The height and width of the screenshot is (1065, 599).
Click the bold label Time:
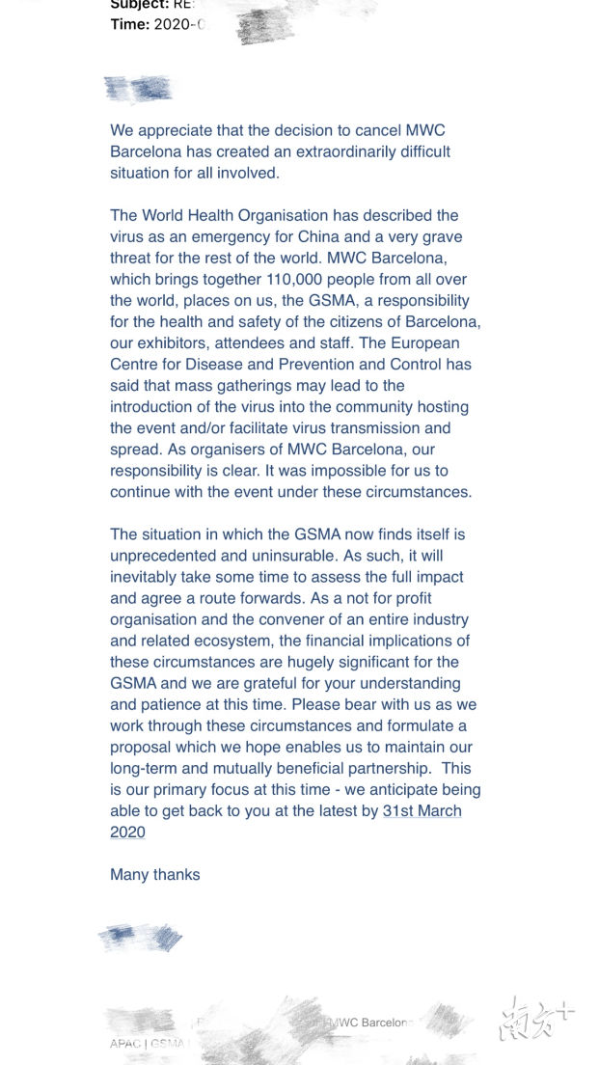129,25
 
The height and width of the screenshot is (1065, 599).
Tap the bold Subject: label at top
139,5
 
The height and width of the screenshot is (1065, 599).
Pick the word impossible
322,471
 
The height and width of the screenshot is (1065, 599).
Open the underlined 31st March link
422,811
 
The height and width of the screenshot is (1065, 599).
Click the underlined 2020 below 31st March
127,833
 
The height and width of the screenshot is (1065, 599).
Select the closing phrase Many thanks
155,875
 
